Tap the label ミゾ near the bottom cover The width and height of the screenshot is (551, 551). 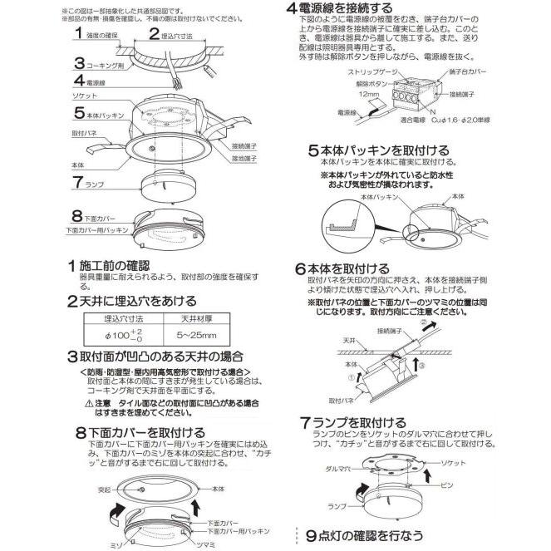point(115,541)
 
